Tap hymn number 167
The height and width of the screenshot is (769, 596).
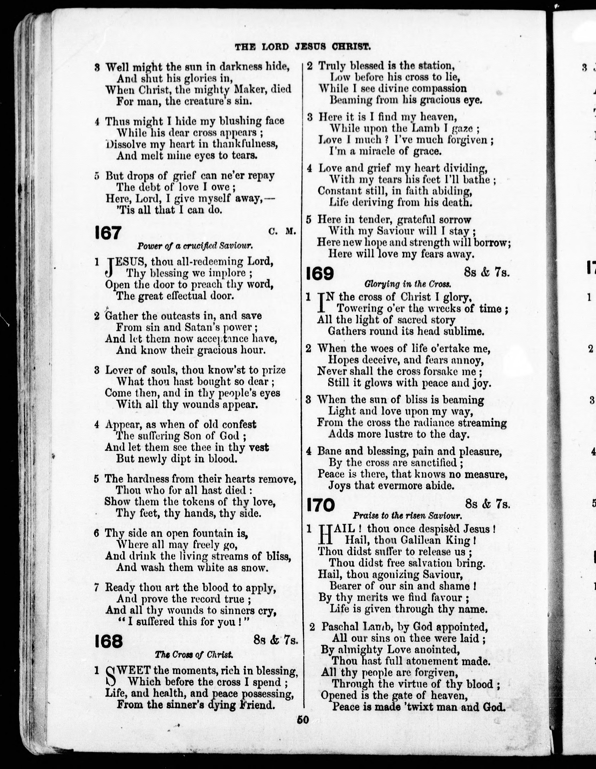(108, 233)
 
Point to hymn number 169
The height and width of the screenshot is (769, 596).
(320, 274)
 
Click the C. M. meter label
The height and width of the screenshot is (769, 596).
(281, 231)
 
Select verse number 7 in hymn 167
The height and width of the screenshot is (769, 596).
(97, 587)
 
